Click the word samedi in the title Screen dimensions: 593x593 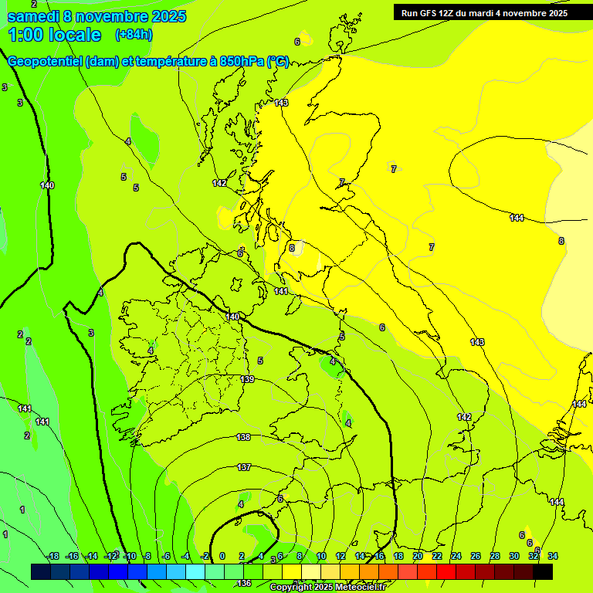[33, 15]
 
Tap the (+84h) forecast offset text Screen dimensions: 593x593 [134, 34]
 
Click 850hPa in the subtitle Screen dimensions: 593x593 [242, 62]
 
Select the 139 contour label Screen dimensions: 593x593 [247, 379]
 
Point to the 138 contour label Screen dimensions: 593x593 [243, 437]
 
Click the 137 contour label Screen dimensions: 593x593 [244, 467]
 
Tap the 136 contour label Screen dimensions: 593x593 [244, 583]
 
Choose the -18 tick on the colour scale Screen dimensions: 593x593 [53, 557]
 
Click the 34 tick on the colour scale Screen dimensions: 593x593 [553, 557]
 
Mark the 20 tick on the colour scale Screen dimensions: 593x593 [417, 557]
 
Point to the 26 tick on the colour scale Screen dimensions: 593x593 [476, 557]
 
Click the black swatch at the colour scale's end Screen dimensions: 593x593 [543, 571]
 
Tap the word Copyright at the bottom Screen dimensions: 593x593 [292, 588]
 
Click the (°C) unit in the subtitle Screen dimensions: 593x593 [278, 62]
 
